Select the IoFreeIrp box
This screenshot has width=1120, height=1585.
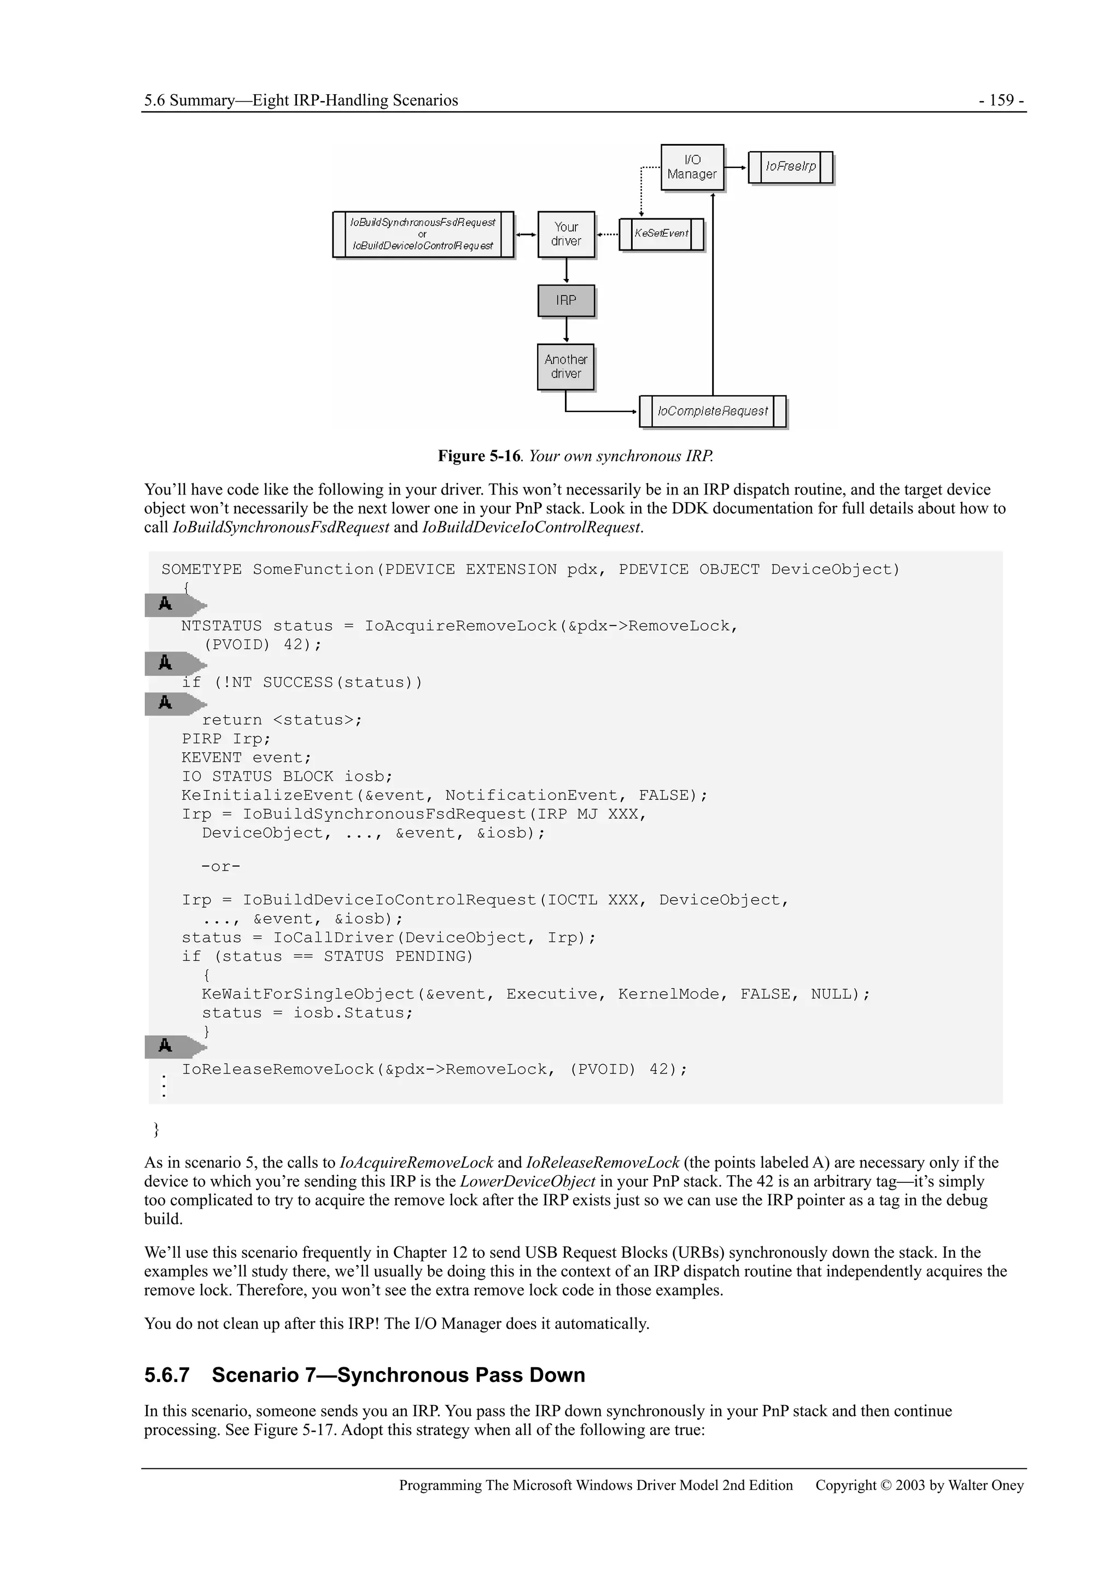pyautogui.click(x=790, y=167)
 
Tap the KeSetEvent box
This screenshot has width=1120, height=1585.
pyautogui.click(x=661, y=234)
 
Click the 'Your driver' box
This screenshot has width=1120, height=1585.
pyautogui.click(x=566, y=234)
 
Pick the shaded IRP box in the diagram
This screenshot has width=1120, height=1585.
pyautogui.click(x=566, y=300)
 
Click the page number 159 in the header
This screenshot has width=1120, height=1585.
pyautogui.click(x=1001, y=100)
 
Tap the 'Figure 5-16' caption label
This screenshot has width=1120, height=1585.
pyautogui.click(x=479, y=456)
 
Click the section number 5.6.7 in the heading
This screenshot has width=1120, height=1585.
pyautogui.click(x=166, y=1375)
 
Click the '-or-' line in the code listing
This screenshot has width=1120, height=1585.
pyautogui.click(x=221, y=867)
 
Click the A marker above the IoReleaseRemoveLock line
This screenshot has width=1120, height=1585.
pyautogui.click(x=166, y=1047)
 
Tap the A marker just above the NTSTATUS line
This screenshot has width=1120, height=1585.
pyautogui.click(x=166, y=605)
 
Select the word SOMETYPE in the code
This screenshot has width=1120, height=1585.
pyautogui.click(x=201, y=570)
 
